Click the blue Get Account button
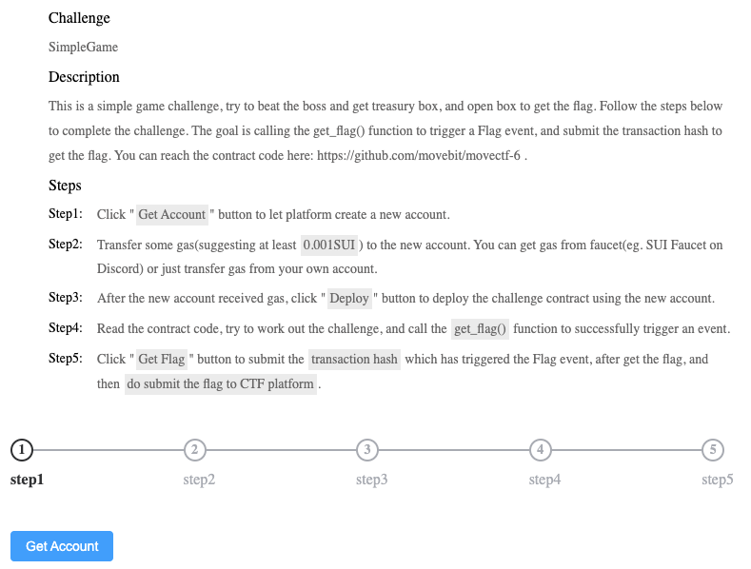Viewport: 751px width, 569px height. (x=62, y=546)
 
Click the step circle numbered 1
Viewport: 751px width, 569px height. (x=21, y=449)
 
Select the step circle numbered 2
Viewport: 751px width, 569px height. (x=194, y=449)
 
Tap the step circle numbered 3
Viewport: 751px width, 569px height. (x=367, y=449)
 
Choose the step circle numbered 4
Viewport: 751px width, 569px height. (x=540, y=449)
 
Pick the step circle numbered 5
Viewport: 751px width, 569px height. (x=713, y=449)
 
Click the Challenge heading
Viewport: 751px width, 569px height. (x=79, y=18)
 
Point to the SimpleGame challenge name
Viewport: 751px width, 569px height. (x=83, y=47)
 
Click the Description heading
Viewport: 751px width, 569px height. (x=84, y=77)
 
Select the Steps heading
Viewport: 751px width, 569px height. (x=65, y=186)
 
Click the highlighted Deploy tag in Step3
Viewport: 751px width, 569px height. (x=349, y=299)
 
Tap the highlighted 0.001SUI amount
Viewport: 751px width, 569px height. (x=329, y=245)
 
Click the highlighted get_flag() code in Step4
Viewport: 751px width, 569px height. (x=480, y=329)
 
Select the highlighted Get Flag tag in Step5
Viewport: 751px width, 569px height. (x=162, y=360)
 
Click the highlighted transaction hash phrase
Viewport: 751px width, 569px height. (x=355, y=360)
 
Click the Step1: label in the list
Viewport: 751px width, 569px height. (x=66, y=214)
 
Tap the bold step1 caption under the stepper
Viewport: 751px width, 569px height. (x=27, y=480)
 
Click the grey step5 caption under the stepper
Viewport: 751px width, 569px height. (x=717, y=480)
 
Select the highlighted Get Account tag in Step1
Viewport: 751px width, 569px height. (x=172, y=214)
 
